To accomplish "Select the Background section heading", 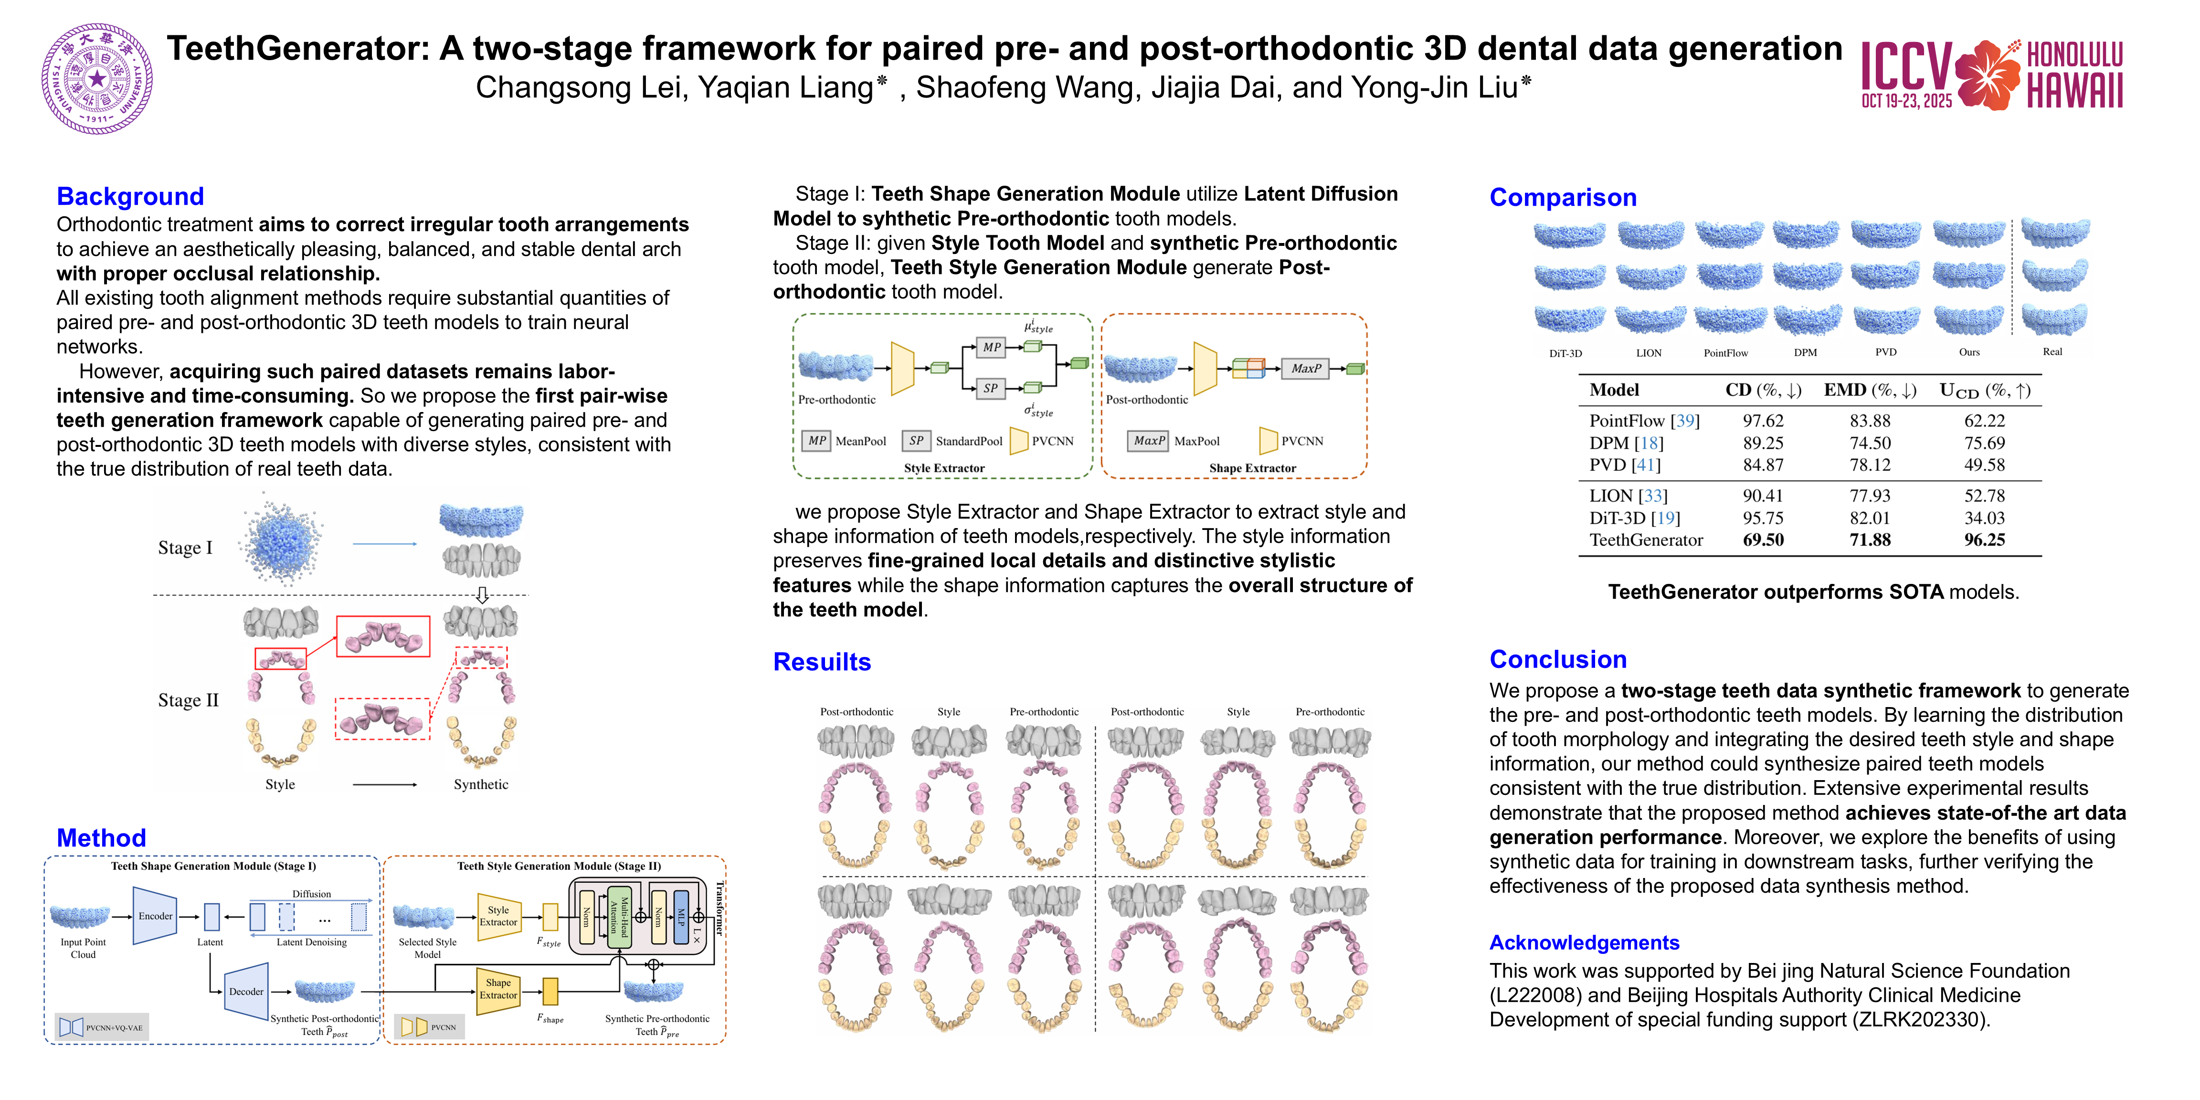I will [x=130, y=196].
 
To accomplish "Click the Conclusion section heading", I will [x=1558, y=659].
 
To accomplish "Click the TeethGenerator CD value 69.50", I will [x=1763, y=540].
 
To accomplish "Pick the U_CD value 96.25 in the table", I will [x=1983, y=540].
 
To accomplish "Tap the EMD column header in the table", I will [x=1870, y=390].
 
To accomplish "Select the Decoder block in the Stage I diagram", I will [x=246, y=992].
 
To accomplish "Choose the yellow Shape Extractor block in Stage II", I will [x=498, y=989].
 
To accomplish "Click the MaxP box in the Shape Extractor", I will [x=1305, y=368].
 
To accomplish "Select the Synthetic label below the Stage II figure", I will [x=481, y=784].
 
